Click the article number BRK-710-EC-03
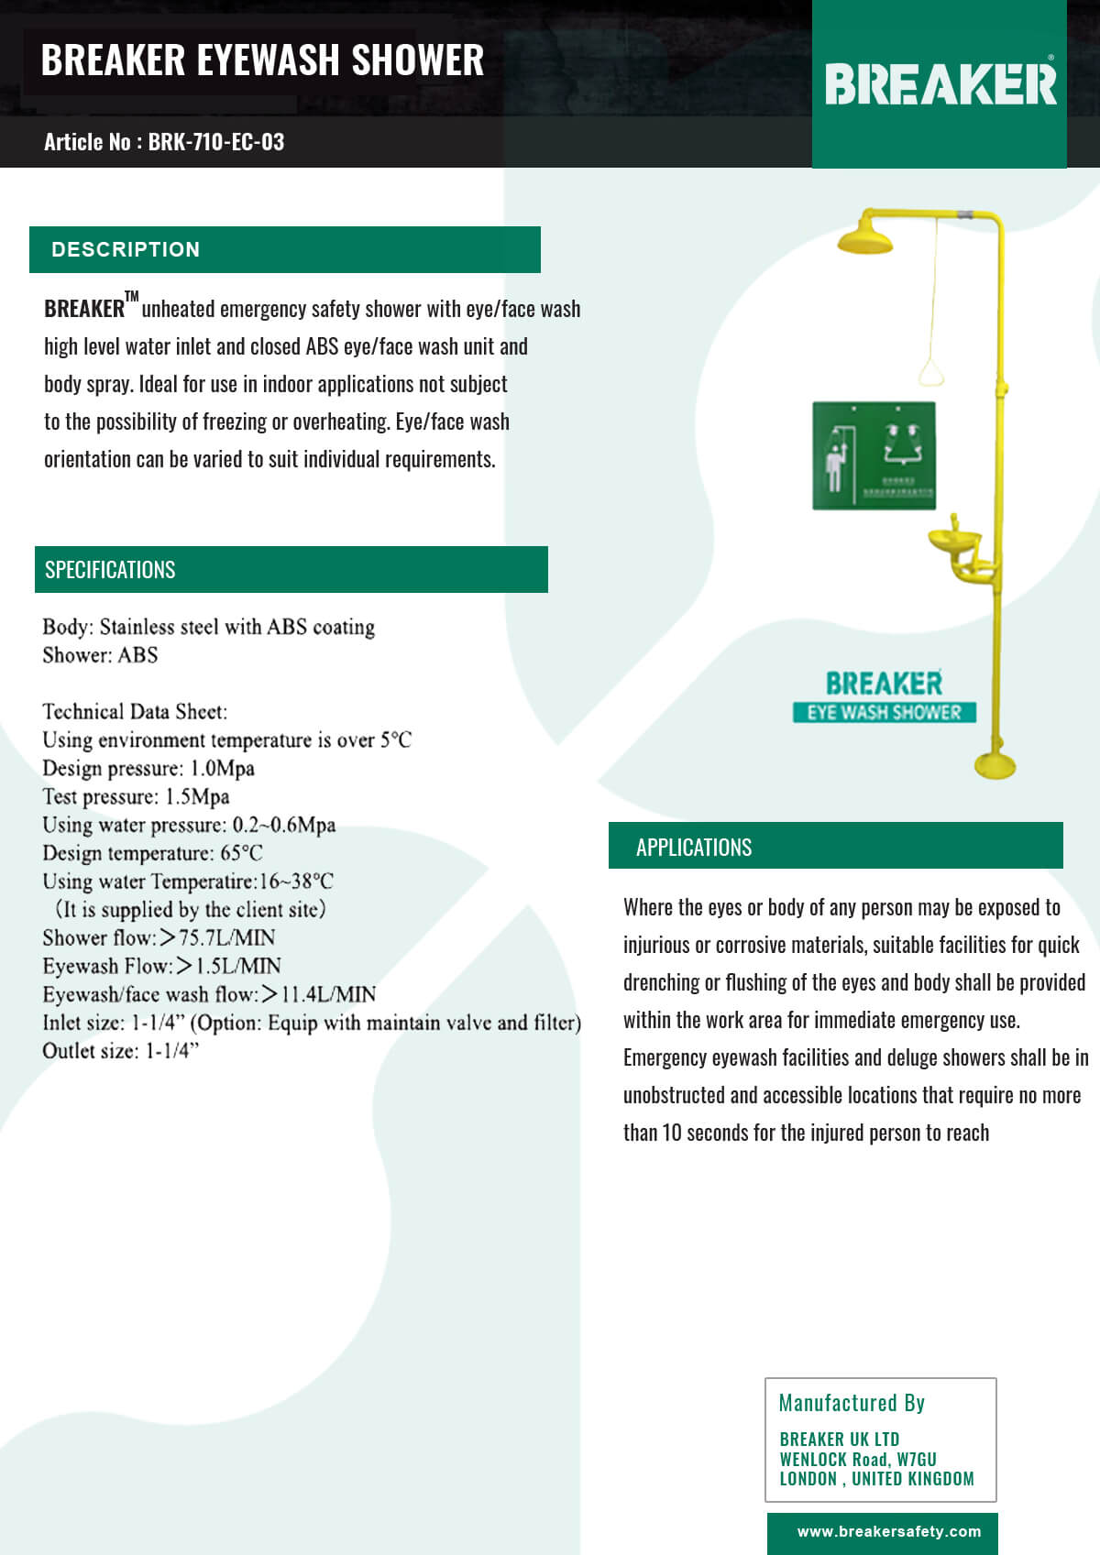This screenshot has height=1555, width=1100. (215, 142)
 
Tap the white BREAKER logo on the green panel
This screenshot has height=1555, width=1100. (940, 84)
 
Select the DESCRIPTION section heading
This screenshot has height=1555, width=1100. (126, 249)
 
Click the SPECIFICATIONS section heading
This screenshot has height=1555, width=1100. (110, 570)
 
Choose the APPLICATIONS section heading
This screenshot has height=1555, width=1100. (694, 848)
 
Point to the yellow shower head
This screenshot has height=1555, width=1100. (864, 236)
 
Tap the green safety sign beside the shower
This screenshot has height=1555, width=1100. (874, 455)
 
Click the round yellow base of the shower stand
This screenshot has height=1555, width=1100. (995, 765)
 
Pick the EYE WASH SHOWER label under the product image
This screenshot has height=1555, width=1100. (884, 713)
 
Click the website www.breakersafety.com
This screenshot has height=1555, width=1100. (888, 1531)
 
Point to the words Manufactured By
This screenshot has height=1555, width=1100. (852, 1403)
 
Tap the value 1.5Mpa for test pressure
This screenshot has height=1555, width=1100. (197, 796)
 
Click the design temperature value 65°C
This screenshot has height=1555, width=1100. (241, 853)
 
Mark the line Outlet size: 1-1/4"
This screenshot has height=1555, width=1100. (120, 1051)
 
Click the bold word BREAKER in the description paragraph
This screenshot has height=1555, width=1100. (84, 309)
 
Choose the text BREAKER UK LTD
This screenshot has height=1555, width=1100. (839, 1439)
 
